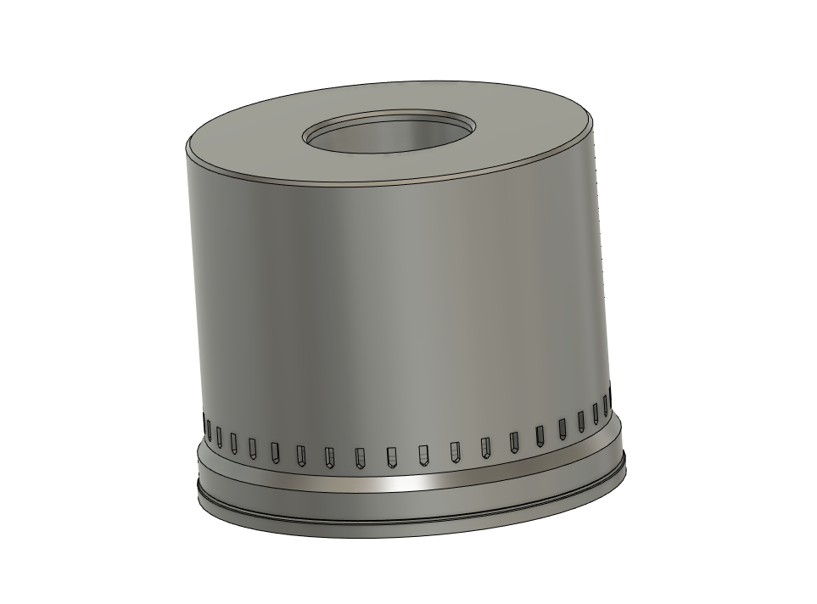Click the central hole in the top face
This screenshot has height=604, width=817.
[389, 135]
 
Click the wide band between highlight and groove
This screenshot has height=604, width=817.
[407, 501]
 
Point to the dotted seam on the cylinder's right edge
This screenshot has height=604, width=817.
[602, 254]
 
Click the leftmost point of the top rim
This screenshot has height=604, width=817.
[187, 146]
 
